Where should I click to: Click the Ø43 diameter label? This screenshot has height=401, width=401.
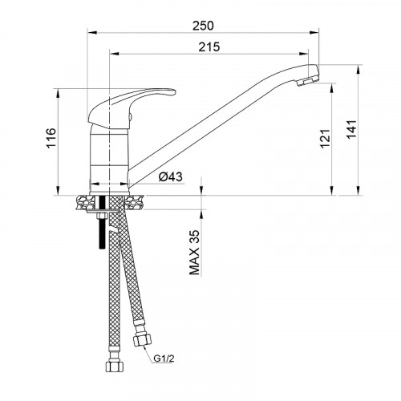click(168, 177)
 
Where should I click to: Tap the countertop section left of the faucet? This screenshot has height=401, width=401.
click(83, 200)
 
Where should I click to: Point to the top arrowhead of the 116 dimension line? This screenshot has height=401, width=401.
click(59, 90)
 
